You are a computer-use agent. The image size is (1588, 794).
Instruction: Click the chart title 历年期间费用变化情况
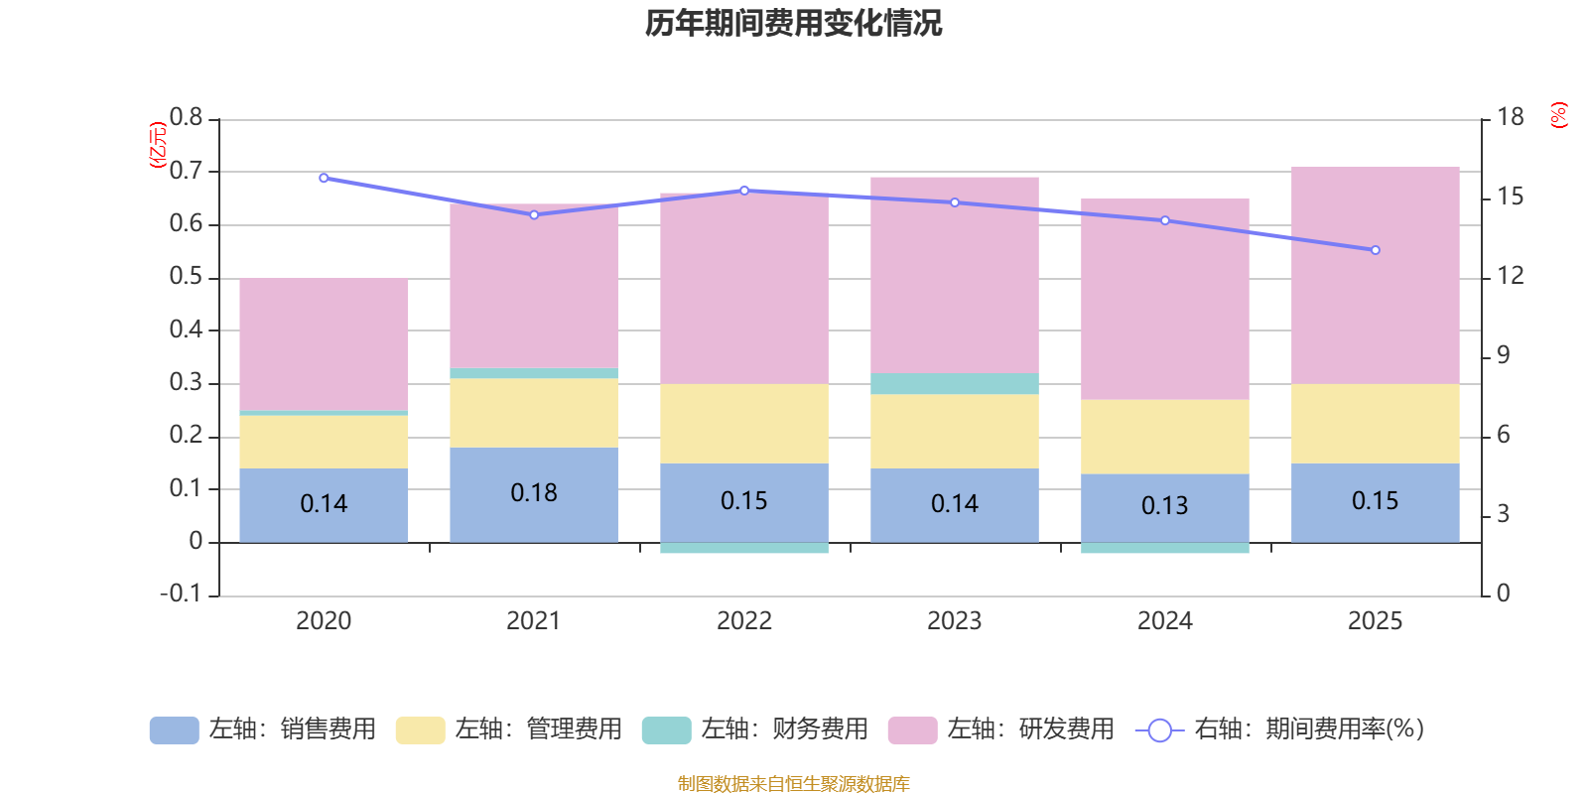793,23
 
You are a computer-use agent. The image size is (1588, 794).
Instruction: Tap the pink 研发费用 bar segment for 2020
324,342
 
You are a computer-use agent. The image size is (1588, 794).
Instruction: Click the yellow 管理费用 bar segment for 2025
1375,423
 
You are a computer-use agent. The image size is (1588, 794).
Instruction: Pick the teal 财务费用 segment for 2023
954,383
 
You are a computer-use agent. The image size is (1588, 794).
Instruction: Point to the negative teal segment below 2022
743,548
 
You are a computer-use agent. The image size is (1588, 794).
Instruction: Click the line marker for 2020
324,178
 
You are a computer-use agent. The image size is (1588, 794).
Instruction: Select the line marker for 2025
1375,250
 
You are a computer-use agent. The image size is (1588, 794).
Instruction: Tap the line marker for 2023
954,202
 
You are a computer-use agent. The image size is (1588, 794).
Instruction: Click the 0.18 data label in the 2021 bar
534,492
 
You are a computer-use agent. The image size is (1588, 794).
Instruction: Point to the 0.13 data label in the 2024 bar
1164,505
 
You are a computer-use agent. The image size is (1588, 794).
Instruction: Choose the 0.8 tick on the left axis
186,118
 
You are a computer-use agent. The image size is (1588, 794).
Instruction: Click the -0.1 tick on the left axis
182,594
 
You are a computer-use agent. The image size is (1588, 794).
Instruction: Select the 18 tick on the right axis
1510,118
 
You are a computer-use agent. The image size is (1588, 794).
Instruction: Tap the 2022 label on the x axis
743,621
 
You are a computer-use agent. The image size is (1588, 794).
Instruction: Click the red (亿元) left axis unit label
157,145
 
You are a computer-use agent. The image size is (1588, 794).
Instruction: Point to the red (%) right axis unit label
1558,115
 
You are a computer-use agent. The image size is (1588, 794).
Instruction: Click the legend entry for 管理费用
508,729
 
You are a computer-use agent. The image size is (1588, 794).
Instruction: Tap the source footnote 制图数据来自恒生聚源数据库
793,783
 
